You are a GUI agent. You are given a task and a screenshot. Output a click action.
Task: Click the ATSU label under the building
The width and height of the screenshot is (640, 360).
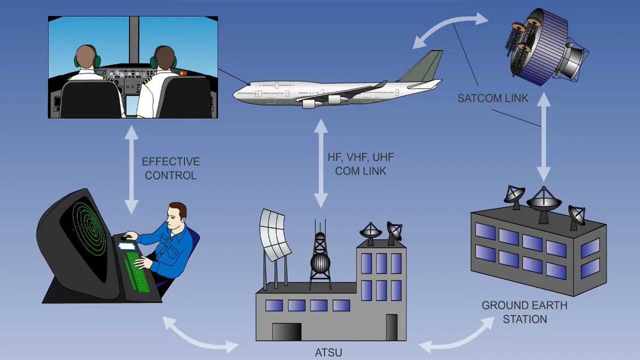coord(328,353)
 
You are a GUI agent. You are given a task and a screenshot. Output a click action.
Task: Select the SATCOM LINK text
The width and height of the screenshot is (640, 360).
coord(493,99)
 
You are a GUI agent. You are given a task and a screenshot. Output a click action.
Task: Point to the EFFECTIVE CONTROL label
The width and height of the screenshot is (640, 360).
coord(170,168)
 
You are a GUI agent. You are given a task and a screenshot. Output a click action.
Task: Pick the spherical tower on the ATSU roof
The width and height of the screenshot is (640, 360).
coord(320,261)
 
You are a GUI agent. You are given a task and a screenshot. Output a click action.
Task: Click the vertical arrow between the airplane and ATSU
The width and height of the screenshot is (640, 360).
coord(321,163)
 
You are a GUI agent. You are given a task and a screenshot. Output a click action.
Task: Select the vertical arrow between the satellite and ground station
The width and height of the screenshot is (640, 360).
coord(543,137)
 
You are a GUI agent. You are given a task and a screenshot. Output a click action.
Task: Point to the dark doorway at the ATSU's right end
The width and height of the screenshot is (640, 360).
coord(392,327)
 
